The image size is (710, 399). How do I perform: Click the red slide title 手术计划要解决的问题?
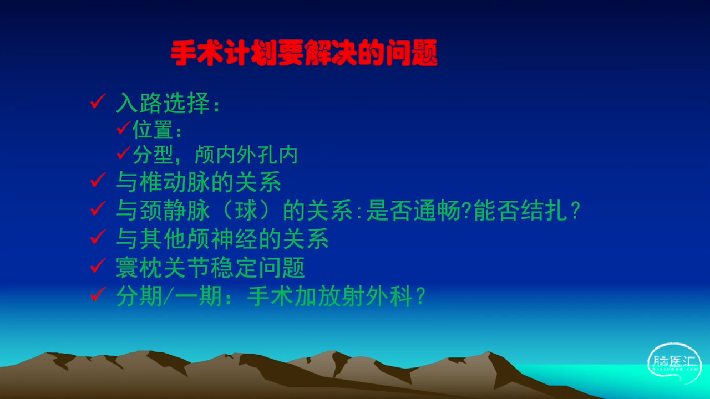[x=304, y=53]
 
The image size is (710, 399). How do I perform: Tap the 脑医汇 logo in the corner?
[x=674, y=362]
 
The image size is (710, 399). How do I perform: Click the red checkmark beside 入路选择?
[x=98, y=101]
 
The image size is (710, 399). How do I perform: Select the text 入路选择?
[x=164, y=103]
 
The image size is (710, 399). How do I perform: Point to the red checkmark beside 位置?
[x=124, y=127]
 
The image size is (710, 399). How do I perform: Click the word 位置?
[x=153, y=130]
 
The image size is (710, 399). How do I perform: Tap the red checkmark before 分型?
[x=124, y=152]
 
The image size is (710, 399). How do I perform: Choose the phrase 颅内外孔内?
[x=246, y=155]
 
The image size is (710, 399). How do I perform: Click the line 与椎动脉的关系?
[x=199, y=182]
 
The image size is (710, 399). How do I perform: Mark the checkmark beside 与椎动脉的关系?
[x=98, y=180]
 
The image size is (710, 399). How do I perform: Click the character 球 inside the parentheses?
[x=246, y=210]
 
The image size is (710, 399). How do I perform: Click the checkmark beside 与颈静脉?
[x=98, y=208]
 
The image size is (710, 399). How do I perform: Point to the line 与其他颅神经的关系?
[x=222, y=238]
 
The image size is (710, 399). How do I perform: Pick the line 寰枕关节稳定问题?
[x=210, y=268]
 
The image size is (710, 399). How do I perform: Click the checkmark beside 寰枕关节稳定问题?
[x=98, y=265]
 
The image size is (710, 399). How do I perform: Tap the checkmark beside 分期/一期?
[x=98, y=294]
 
